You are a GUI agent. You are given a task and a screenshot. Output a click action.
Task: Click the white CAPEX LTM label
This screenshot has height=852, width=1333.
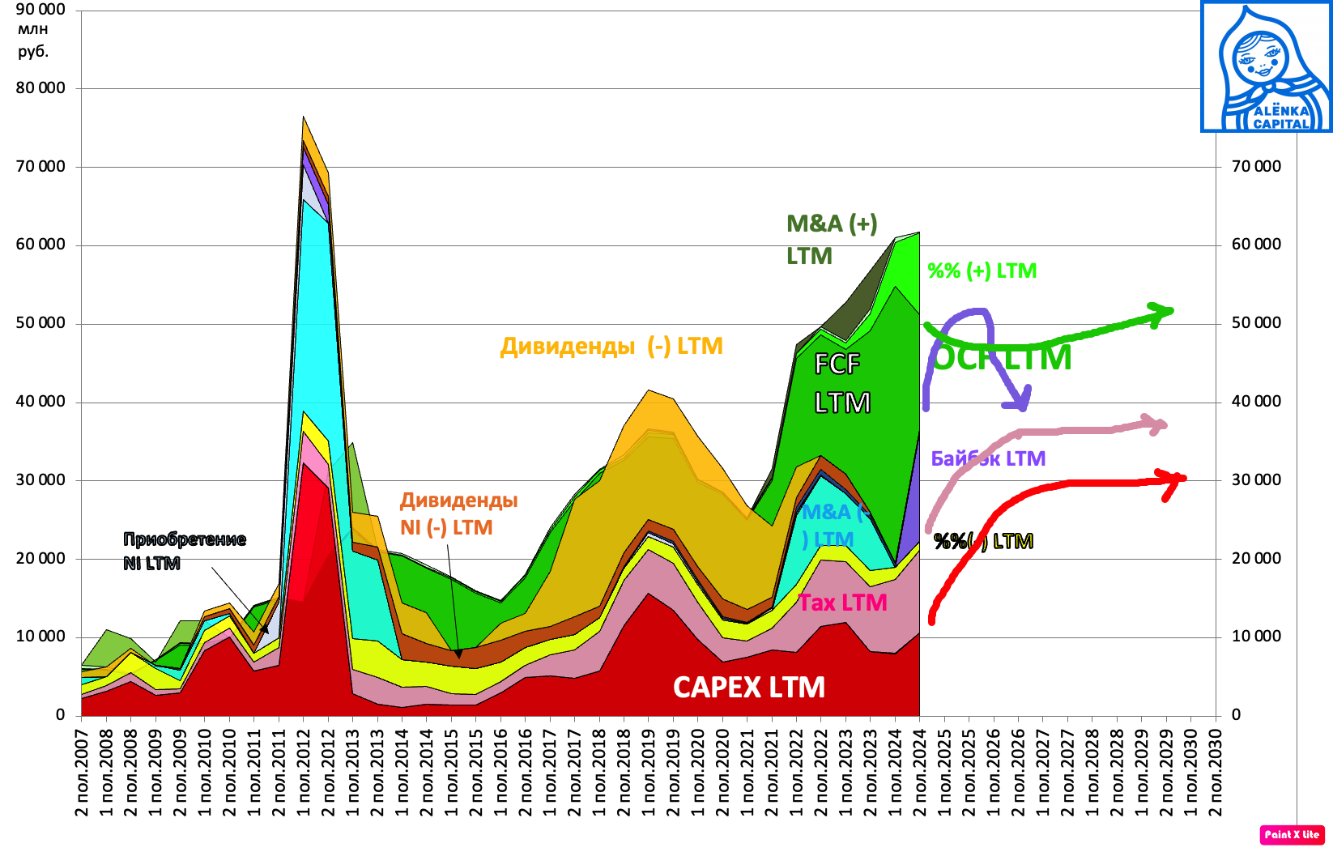(748, 688)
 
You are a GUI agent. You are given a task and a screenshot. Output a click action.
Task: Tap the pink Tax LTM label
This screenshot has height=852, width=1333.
(843, 603)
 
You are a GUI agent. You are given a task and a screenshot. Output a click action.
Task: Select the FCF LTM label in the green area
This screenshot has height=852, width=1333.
(841, 383)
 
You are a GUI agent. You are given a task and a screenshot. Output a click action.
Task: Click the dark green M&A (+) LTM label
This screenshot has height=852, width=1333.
(831, 239)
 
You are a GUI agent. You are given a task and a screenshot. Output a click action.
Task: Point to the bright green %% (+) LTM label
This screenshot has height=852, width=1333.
(982, 271)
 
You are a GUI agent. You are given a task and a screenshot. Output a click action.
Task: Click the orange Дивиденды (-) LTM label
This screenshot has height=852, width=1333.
(611, 346)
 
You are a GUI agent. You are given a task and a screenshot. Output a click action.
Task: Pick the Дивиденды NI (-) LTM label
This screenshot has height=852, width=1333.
(458, 513)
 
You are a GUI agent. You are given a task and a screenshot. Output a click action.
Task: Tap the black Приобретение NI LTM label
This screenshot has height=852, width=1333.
(184, 551)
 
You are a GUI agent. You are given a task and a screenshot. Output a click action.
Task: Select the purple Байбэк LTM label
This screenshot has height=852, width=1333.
(988, 458)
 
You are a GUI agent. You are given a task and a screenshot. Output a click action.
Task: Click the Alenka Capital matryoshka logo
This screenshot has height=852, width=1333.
(1266, 66)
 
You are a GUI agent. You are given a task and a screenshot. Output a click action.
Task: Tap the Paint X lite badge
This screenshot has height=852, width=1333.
(1292, 834)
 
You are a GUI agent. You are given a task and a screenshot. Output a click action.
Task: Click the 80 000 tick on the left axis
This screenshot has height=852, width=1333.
(40, 87)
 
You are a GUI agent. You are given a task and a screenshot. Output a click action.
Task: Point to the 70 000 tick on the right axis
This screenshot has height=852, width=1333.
(1256, 166)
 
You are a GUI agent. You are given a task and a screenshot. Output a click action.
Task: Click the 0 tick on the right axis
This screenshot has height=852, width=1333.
(1236, 714)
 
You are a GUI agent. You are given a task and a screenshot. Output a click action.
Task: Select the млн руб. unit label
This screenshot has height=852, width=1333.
(33, 40)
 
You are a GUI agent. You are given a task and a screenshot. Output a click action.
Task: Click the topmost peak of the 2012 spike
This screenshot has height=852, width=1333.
(303, 117)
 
